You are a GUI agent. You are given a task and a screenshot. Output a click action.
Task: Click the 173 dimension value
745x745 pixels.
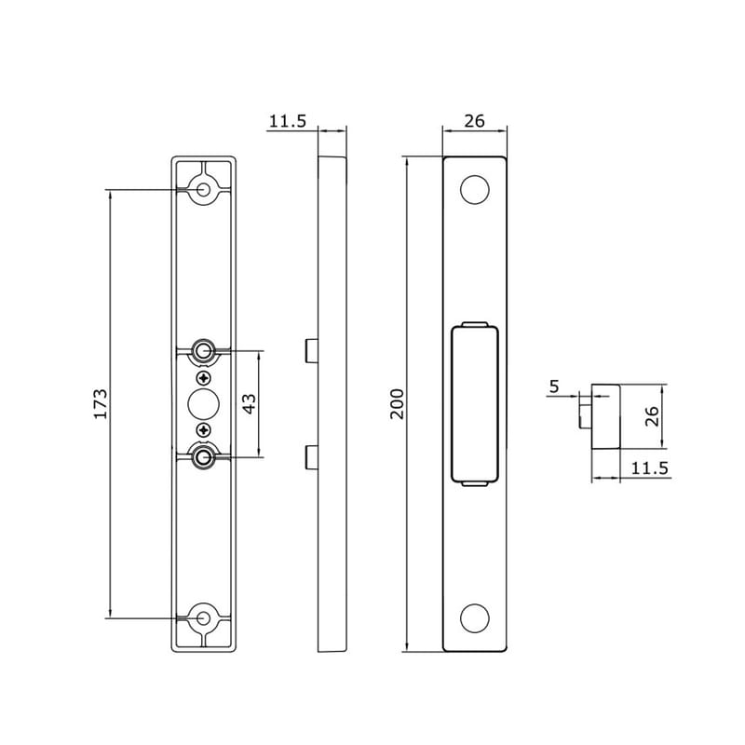[x=102, y=403]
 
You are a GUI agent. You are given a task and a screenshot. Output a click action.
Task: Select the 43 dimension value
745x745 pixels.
[x=250, y=403]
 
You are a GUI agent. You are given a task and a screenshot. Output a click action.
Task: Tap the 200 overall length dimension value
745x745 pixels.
[x=399, y=403]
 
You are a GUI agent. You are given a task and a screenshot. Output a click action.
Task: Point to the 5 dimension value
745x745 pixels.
[x=555, y=386]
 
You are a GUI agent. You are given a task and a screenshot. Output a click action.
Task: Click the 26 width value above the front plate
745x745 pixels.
[x=474, y=121]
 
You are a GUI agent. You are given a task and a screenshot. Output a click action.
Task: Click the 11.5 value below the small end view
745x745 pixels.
[x=649, y=468]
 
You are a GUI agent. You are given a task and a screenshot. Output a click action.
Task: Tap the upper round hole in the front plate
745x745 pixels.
[x=474, y=190]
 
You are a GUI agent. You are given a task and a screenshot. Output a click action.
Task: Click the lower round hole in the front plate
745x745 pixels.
[x=474, y=617]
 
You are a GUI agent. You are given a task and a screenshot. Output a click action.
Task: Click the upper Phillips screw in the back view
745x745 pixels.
[x=204, y=377]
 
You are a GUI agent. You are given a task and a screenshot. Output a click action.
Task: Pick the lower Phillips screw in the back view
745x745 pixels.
[x=204, y=429]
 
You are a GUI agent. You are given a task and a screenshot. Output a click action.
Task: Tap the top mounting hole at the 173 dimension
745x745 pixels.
[x=204, y=190]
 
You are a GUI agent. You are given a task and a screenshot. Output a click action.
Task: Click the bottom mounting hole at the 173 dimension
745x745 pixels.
[x=204, y=616]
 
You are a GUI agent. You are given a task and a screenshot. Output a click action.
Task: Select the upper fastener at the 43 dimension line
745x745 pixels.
[x=204, y=351]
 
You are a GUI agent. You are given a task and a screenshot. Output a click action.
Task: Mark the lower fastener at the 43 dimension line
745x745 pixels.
[x=204, y=456]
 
